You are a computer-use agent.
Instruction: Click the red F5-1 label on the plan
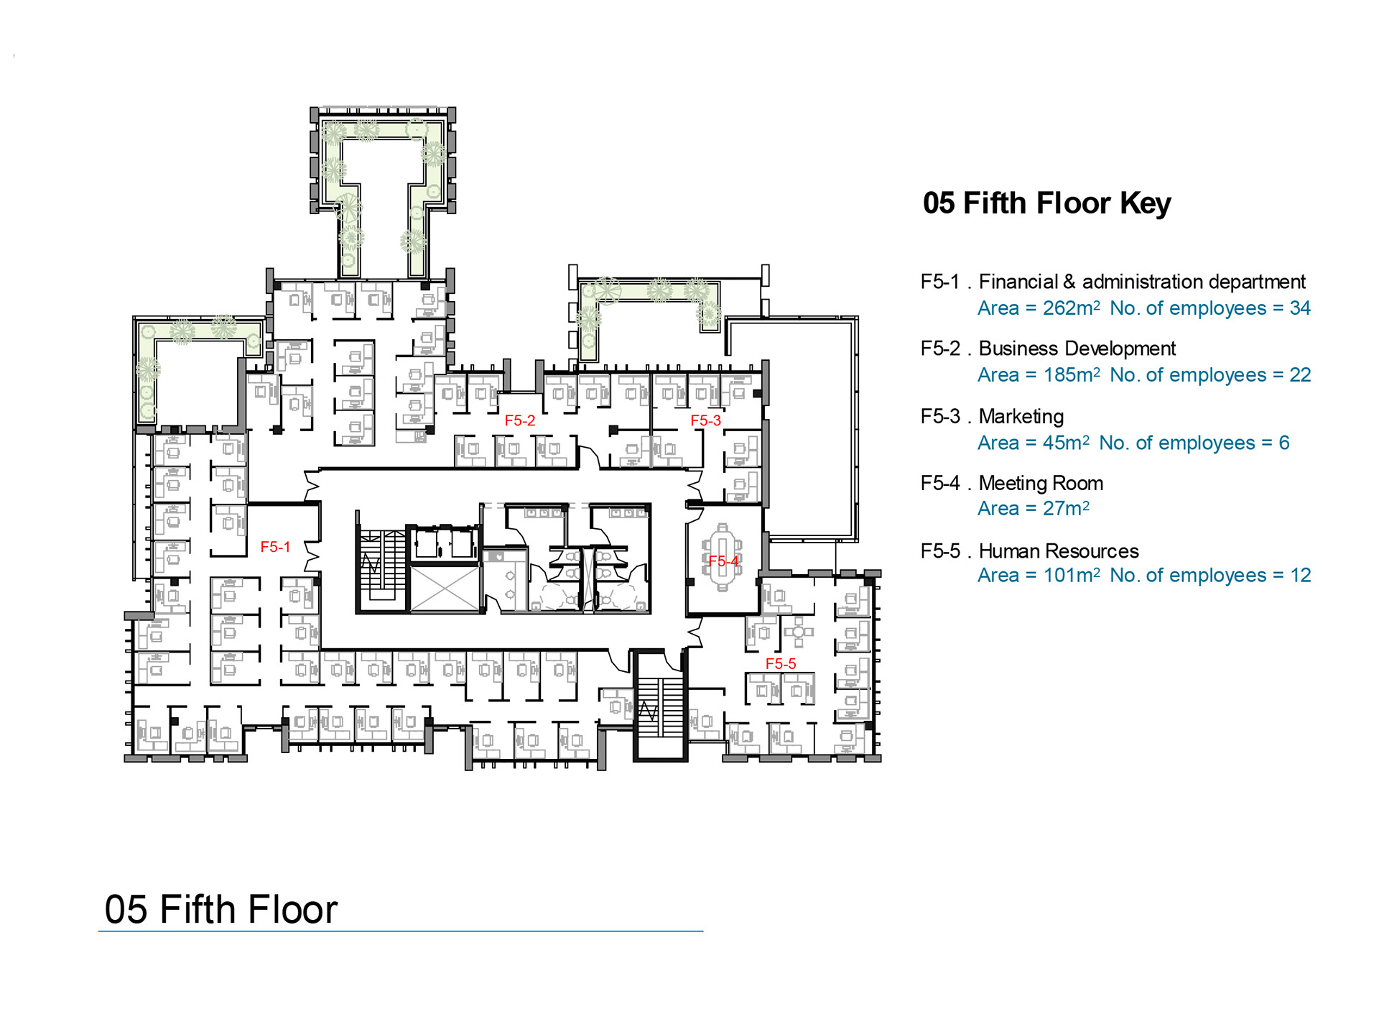[x=275, y=547]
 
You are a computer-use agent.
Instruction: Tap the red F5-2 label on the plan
[x=519, y=420]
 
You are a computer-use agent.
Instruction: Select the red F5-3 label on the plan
[x=705, y=420]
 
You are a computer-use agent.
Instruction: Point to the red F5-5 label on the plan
[x=781, y=663]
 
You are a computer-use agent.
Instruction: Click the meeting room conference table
[x=722, y=558]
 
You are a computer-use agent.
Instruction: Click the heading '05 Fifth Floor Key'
[x=1046, y=203]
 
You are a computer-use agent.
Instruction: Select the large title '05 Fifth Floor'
[x=221, y=909]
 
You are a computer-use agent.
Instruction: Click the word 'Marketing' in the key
[x=1021, y=417]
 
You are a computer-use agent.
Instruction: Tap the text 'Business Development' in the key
[x=1077, y=349]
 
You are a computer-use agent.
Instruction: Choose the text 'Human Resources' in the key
[x=1059, y=551]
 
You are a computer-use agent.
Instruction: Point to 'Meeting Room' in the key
[x=1041, y=483]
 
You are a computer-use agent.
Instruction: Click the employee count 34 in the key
[x=1300, y=308]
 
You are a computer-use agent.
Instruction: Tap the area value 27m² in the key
[x=1066, y=508]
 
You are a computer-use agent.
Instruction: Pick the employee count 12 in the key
[x=1301, y=575]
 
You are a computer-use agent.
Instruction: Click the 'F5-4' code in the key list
[x=940, y=483]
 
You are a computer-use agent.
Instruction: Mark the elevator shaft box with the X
[x=444, y=589]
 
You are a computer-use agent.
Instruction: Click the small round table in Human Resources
[x=798, y=632]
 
